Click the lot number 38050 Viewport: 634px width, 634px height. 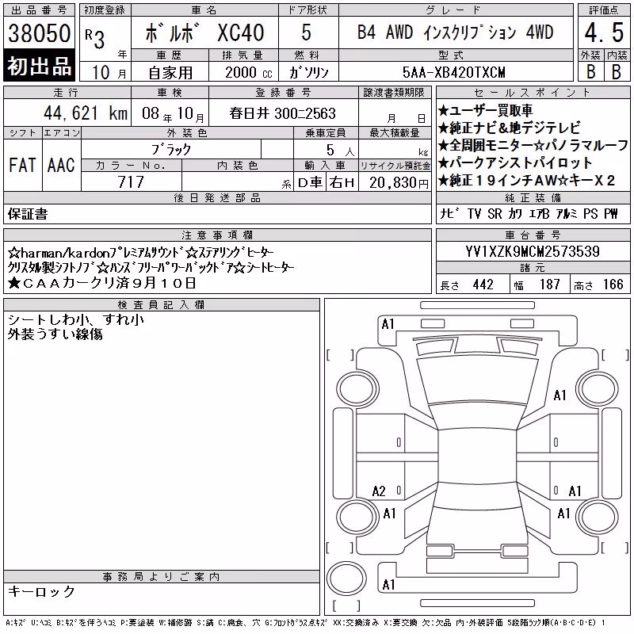click(x=39, y=32)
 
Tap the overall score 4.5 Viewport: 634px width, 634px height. click(x=604, y=32)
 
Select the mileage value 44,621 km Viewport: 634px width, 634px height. click(x=86, y=113)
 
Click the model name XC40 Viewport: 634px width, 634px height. click(x=241, y=32)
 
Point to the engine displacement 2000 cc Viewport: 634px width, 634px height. click(x=249, y=72)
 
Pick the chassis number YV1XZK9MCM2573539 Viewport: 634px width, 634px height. click(x=533, y=251)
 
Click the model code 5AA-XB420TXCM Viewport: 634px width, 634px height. click(x=453, y=72)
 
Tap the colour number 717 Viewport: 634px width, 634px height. click(x=131, y=182)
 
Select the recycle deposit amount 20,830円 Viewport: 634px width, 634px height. click(x=399, y=183)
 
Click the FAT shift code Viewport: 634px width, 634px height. click(x=22, y=165)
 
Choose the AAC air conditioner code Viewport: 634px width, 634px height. click(x=61, y=165)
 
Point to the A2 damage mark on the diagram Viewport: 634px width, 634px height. click(x=379, y=491)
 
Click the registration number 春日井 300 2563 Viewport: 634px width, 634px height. click(x=283, y=113)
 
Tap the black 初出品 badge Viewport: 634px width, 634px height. click(x=39, y=66)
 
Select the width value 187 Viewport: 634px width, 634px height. click(x=549, y=285)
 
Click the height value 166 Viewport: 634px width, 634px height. click(x=613, y=285)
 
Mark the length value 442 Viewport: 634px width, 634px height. click(x=483, y=285)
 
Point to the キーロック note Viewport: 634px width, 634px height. click(x=41, y=591)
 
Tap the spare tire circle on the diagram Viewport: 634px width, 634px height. click(x=346, y=579)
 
